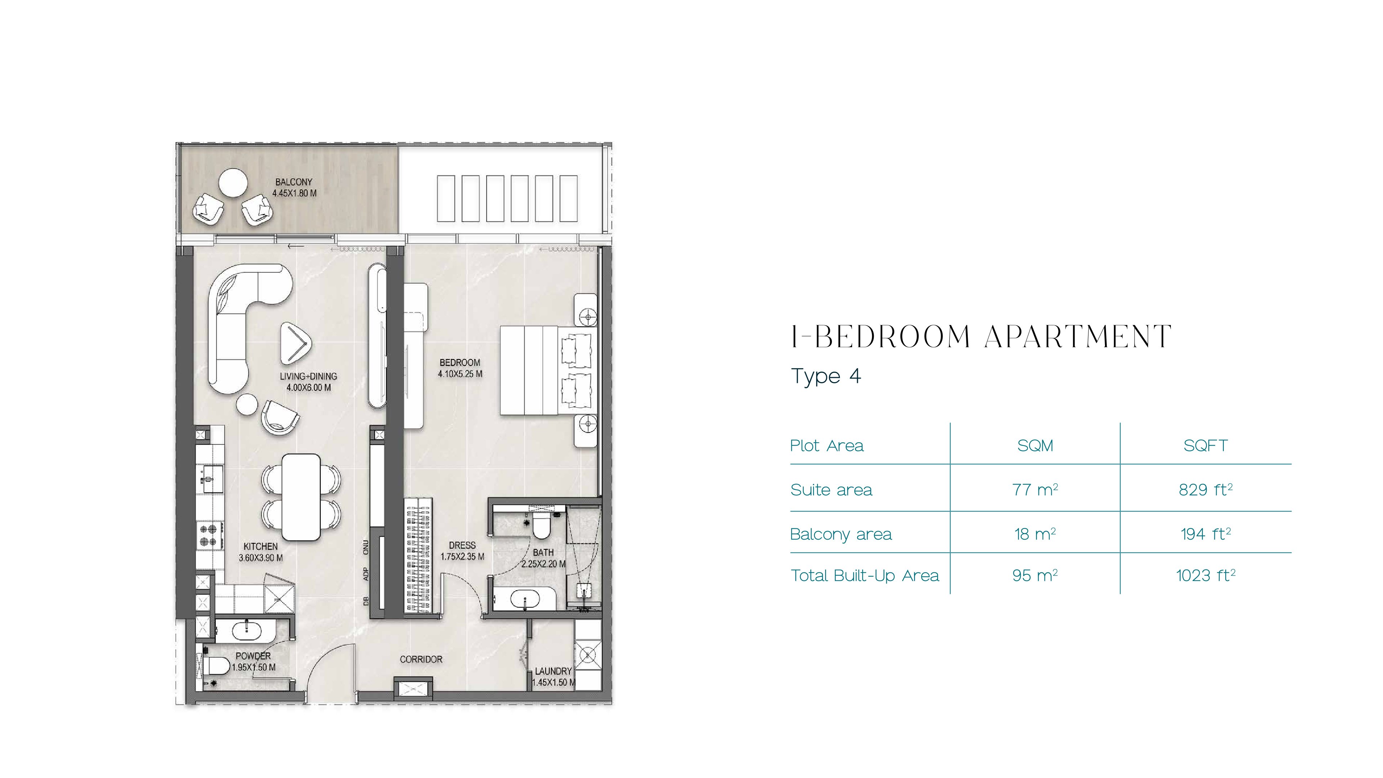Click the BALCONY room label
coord(294,182)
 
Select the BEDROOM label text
coord(460,362)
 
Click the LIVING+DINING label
coord(308,376)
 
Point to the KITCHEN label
coord(260,546)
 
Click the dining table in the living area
coord(301,497)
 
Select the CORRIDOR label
coord(421,659)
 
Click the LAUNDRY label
coord(553,671)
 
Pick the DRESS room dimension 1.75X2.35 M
coord(462,557)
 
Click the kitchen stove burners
coord(208,535)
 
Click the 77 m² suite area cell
coord(1035,490)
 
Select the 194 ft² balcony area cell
coord(1205,534)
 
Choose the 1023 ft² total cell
coord(1205,576)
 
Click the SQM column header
coord(1035,446)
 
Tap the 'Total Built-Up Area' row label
coord(864,576)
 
